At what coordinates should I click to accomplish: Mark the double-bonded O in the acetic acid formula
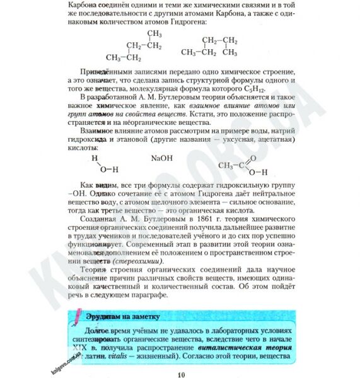(253, 159)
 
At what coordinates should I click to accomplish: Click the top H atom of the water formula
(95, 159)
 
